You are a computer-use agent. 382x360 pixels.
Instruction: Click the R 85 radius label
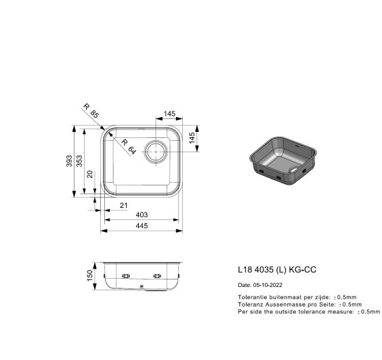point(91,111)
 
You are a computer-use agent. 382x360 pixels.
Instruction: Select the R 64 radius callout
point(128,147)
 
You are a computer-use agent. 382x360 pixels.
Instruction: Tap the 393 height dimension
point(69,161)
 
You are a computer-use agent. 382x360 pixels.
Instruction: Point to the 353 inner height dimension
point(79,161)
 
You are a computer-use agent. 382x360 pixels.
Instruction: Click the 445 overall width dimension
point(142,226)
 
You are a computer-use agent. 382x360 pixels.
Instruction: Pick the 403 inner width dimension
point(142,215)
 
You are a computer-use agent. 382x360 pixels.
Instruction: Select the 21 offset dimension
point(124,206)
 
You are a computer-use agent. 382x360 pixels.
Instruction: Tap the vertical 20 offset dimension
point(90,175)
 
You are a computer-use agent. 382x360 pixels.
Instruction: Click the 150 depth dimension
point(90,275)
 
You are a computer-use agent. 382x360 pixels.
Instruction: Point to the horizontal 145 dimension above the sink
point(169,114)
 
